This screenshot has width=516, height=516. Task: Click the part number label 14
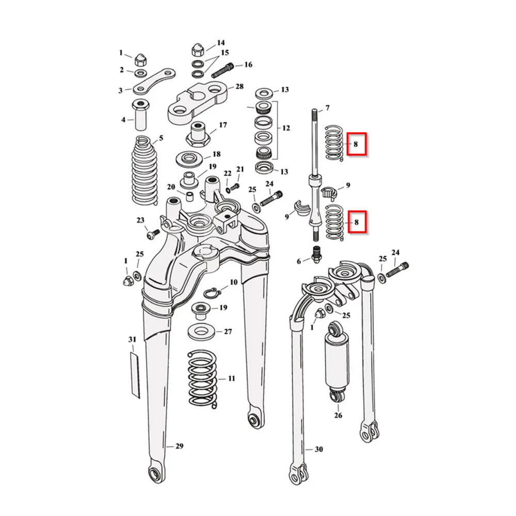pos(221,43)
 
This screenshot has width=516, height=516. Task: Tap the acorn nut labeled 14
pos(198,50)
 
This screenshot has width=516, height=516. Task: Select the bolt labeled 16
pos(222,70)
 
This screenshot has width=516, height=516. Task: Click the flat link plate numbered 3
pos(154,80)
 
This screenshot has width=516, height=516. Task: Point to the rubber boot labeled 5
pos(145,170)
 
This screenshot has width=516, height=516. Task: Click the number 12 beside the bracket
pos(286,127)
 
